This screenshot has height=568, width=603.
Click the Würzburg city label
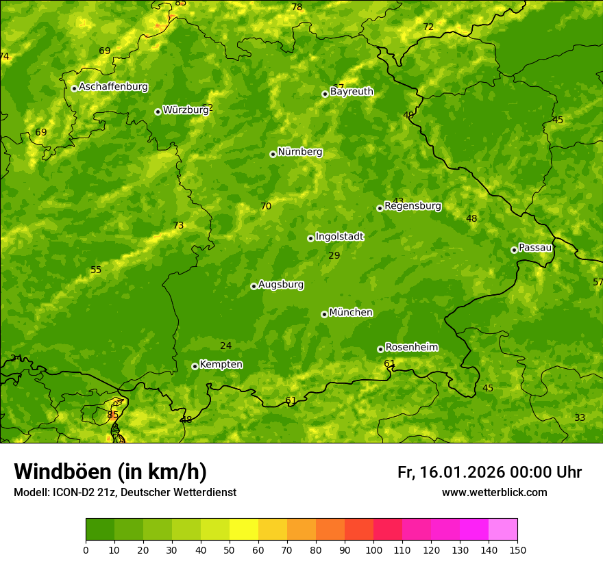186,109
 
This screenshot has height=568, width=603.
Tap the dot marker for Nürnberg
273,154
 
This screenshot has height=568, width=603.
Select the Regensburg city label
413,205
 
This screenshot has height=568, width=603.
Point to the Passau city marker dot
514,250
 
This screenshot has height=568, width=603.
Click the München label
351,312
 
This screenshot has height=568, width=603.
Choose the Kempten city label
221,364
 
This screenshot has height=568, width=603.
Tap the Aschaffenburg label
113,86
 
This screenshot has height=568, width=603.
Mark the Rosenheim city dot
380,349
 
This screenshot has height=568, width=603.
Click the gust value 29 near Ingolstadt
334,255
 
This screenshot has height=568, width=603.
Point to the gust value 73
178,225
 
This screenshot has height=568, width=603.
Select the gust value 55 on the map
96,270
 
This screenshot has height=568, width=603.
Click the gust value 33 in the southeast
580,417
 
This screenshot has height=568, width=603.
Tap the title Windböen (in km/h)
110,472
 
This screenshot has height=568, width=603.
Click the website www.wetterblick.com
494,492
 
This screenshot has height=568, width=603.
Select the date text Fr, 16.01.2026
450,472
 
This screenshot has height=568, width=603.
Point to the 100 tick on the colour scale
373,550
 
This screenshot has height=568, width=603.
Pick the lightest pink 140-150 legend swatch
503,530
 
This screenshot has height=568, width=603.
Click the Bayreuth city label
352,91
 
